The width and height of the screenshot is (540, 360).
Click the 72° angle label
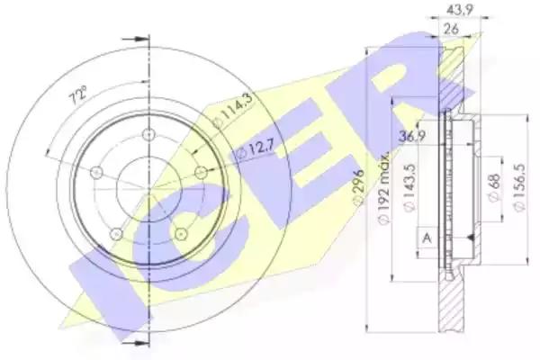pos(79,95)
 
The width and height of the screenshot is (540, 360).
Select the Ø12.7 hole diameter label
pos(256,150)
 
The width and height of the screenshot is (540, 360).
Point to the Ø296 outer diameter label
pos(358,187)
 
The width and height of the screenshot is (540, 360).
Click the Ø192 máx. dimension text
pos(383,187)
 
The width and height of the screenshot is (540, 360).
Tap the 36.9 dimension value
pos(412,136)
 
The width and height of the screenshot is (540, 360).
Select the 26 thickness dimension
pos(451,29)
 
